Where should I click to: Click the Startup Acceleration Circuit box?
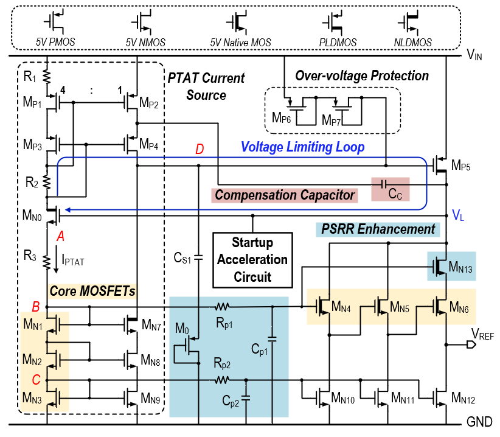point(250,259)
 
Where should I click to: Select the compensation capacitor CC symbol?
point(383,184)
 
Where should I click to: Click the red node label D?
point(200,149)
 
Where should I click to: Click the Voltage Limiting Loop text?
point(302,147)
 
